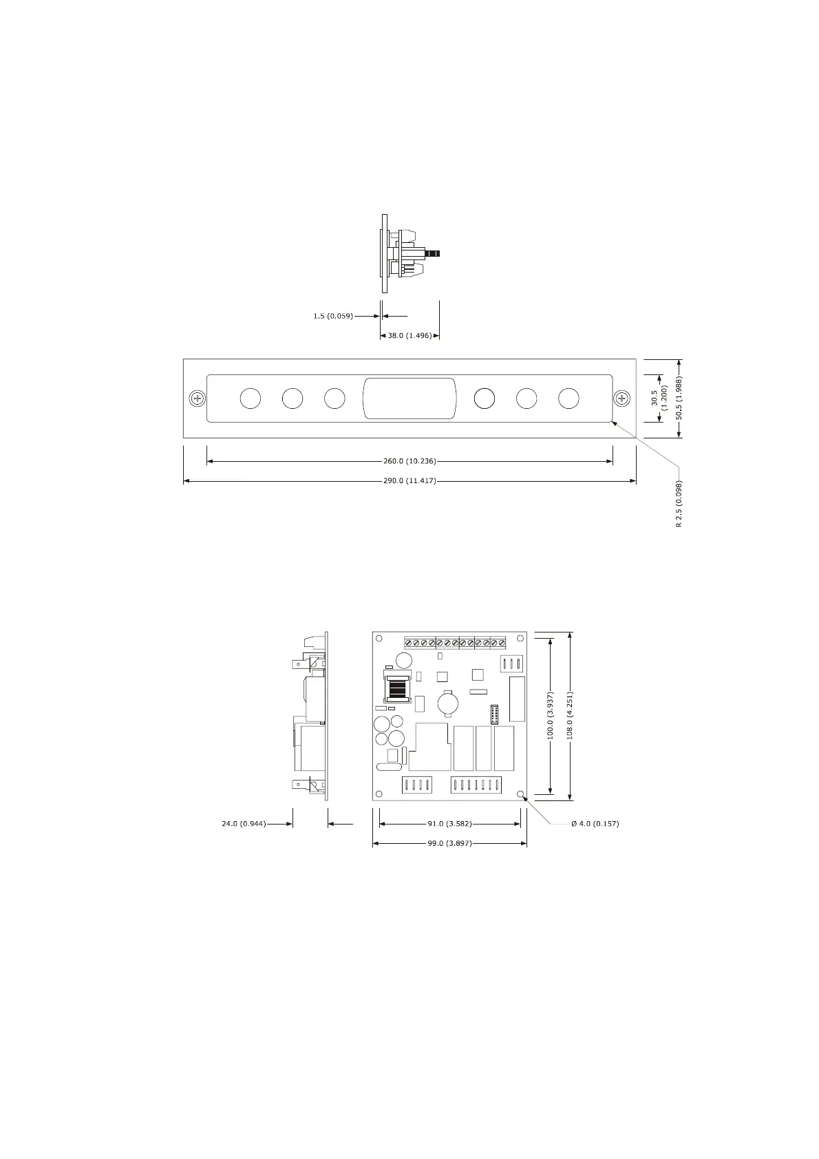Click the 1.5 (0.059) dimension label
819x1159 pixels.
point(332,316)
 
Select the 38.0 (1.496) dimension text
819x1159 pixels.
point(409,335)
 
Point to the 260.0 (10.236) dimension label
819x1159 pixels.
point(409,461)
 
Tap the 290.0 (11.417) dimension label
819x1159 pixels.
point(409,480)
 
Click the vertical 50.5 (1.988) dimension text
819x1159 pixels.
point(679,398)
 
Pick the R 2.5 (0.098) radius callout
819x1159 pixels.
point(679,504)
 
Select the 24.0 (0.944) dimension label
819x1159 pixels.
point(244,824)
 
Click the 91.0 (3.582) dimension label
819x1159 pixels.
point(449,824)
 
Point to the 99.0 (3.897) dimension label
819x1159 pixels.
point(449,843)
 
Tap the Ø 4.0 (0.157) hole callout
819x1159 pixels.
point(595,824)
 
